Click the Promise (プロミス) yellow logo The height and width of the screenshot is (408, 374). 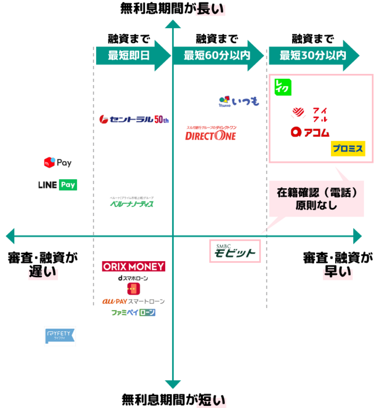pos(348,149)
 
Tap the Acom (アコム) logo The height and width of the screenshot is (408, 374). pos(310,132)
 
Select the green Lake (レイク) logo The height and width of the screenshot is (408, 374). pos(283,87)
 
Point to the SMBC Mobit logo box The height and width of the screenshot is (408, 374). pos(235,251)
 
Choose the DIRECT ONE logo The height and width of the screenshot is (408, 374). pos(211,134)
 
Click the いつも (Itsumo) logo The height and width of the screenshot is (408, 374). pos(239,101)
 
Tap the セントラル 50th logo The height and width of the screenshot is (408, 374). pos(134,119)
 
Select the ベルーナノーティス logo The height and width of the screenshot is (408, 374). pos(132,203)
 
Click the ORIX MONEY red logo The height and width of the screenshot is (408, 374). pos(133,267)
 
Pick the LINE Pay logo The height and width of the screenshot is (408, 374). pos(57,185)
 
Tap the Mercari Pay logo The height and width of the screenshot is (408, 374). pos(58,163)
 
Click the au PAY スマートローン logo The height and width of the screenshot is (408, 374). pos(133,301)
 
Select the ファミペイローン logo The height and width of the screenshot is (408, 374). pos(133,312)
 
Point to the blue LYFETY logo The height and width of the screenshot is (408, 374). pos(60,336)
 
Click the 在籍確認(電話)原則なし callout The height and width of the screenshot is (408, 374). pos(316,199)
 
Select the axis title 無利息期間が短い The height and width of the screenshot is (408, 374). pos(173,400)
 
